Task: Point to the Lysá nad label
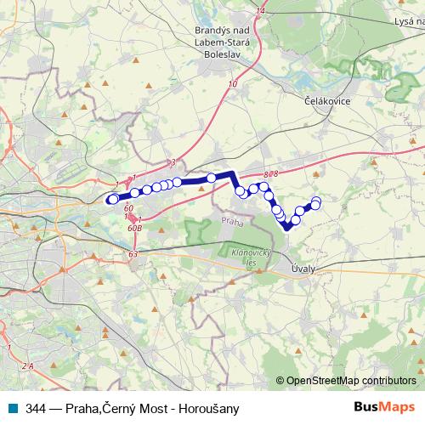pyautogui.click(x=403, y=19)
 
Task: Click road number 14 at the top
pyautogui.click(x=260, y=10)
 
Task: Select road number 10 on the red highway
pyautogui.click(x=232, y=84)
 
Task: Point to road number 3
pyautogui.click(x=172, y=161)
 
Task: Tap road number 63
pyautogui.click(x=133, y=253)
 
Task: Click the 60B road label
pyautogui.click(x=134, y=228)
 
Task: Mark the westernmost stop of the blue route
pyautogui.click(x=111, y=199)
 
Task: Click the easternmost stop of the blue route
pyautogui.click(x=316, y=202)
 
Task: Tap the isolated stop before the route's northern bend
pyautogui.click(x=211, y=178)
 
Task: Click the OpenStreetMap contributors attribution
pyautogui.click(x=349, y=380)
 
